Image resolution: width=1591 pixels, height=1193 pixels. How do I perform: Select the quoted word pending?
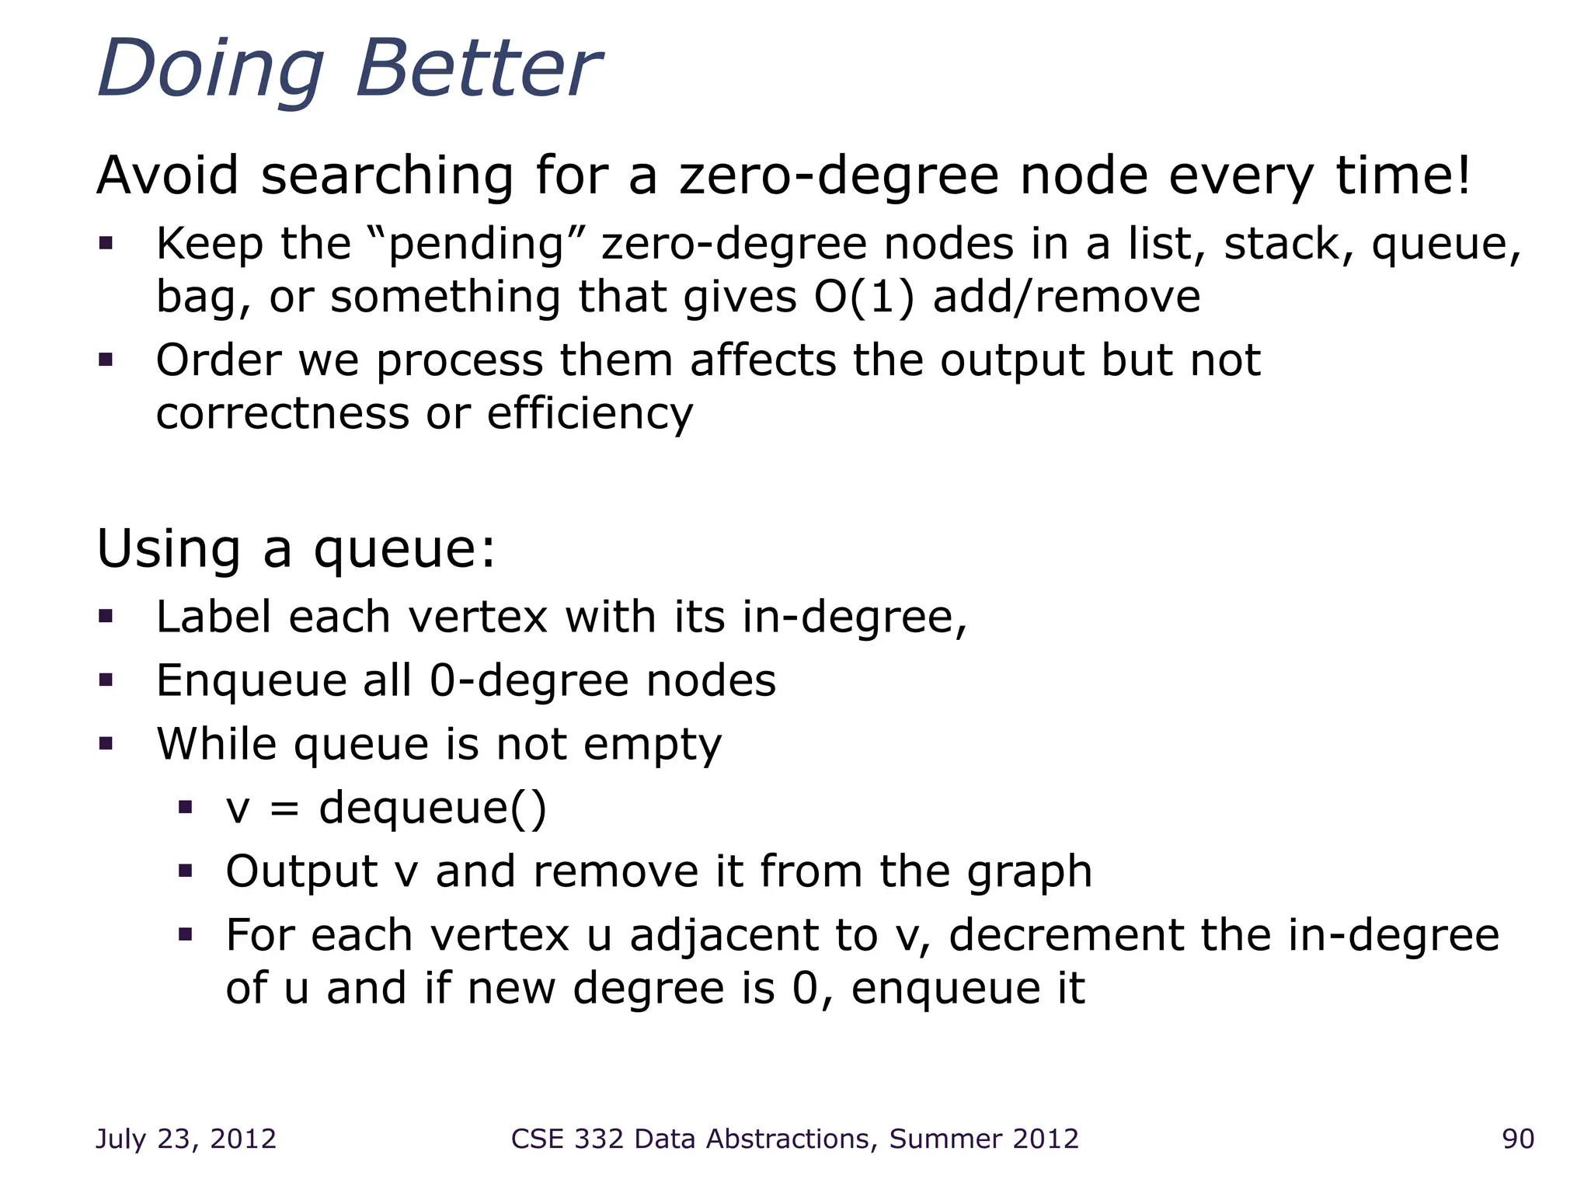475,245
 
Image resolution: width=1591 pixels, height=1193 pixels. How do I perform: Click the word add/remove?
1066,297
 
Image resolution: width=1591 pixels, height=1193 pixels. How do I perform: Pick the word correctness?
282,413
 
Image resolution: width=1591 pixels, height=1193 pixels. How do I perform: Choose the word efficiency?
590,413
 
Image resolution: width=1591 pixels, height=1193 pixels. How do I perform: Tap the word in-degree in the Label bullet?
855,618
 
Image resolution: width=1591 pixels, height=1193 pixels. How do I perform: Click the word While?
217,744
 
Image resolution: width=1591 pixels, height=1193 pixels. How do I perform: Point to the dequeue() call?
433,808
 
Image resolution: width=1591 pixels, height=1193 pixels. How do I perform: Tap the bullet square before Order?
106,360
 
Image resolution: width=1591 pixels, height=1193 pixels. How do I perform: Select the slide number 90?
1518,1139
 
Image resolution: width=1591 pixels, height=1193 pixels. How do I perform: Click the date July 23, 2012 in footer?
186,1139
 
